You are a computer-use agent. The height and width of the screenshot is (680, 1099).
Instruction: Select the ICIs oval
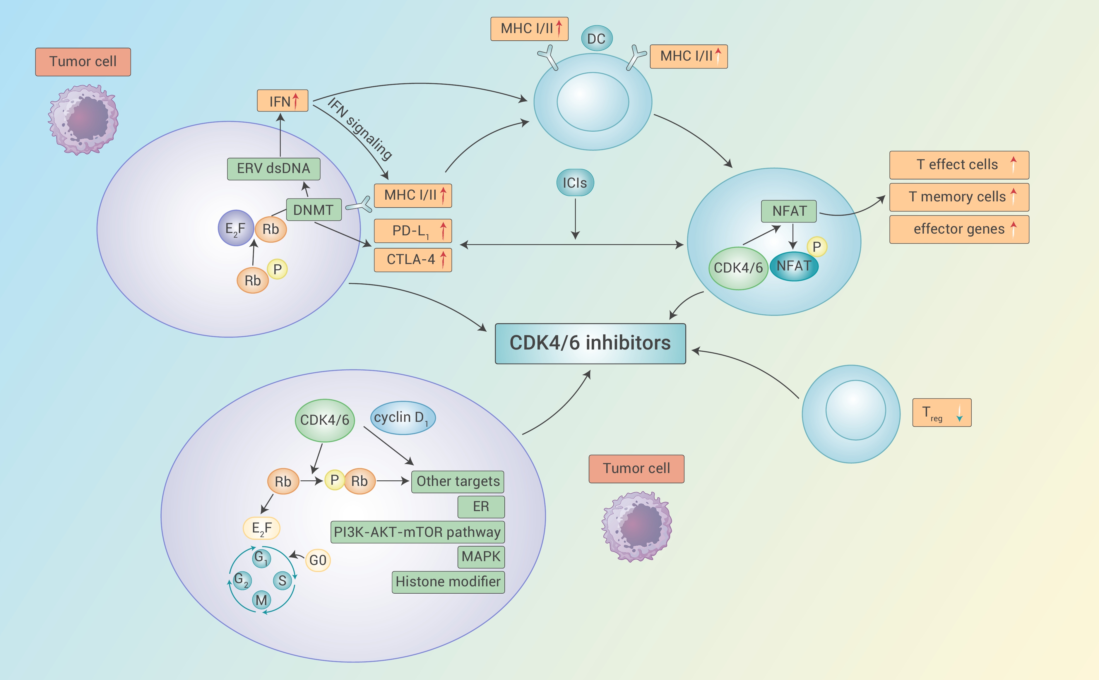tap(575, 183)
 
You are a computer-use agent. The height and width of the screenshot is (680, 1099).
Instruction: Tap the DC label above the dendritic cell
tap(596, 39)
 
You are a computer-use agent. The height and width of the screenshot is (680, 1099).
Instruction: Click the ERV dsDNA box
tap(273, 169)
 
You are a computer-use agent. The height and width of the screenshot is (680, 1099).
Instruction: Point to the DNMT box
tap(314, 210)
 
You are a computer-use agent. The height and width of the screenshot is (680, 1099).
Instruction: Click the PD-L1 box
tap(412, 231)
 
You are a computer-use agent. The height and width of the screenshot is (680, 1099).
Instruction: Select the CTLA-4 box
tap(412, 259)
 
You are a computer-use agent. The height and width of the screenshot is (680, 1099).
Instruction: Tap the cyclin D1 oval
tap(403, 418)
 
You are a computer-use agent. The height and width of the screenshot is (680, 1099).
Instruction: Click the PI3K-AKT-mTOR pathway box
tap(417, 532)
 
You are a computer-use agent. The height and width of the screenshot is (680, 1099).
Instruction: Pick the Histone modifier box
tap(448, 582)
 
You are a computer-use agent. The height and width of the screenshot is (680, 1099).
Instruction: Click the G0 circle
tap(318, 560)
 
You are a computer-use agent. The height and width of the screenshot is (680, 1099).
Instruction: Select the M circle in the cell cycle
tap(261, 600)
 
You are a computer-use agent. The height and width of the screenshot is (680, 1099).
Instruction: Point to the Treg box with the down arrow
tap(941, 412)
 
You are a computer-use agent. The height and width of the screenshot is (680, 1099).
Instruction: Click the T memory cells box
tap(959, 197)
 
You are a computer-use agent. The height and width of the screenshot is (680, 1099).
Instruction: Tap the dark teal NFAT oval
tap(794, 266)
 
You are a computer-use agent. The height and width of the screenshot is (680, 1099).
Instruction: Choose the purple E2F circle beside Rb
tap(236, 228)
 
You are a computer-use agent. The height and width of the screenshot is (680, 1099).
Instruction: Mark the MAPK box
tap(481, 557)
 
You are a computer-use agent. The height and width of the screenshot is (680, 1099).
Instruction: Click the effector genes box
tap(959, 229)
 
